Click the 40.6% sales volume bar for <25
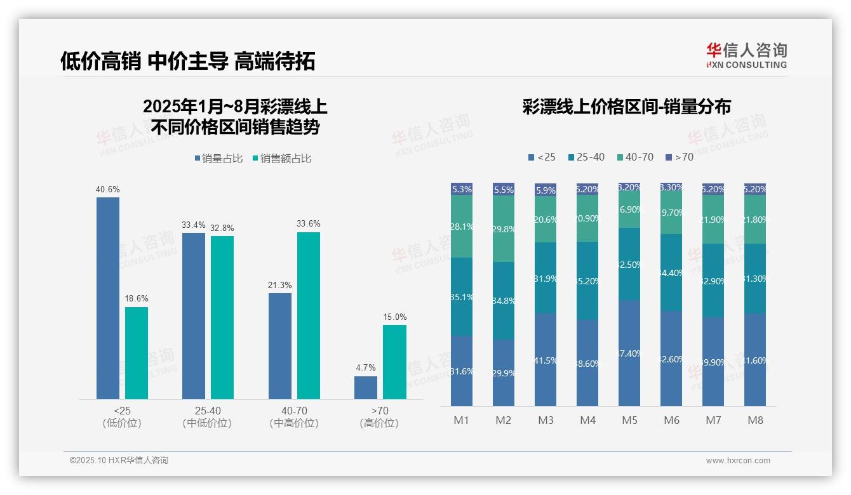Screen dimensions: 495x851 [108, 298]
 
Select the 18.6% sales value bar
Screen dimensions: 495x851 [137, 353]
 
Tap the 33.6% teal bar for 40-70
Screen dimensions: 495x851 [308, 315]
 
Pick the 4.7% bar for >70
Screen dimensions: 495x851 [366, 388]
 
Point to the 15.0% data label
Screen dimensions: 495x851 [394, 317]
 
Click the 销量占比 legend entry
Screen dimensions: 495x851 [218, 159]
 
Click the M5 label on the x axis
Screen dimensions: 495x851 [629, 420]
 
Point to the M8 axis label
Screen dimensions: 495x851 [755, 420]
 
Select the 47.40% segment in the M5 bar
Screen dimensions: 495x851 [629, 353]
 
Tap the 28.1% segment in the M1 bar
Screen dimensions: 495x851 [462, 227]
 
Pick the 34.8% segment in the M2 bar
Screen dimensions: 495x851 [504, 301]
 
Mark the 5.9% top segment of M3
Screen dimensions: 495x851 [546, 190]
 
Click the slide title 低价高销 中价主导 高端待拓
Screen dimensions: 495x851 [188, 61]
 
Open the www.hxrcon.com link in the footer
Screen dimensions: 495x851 [738, 461]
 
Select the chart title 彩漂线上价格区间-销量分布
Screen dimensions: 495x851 [627, 107]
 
